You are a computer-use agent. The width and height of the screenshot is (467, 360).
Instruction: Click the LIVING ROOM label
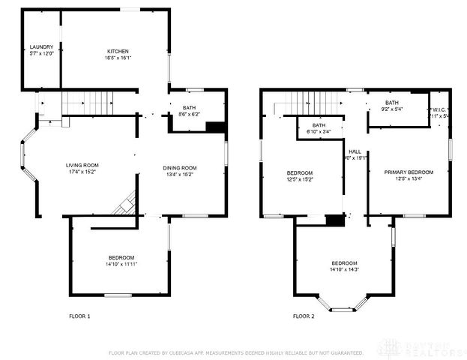coord(82,165)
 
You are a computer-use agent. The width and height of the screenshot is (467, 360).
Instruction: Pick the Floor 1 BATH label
coord(189,108)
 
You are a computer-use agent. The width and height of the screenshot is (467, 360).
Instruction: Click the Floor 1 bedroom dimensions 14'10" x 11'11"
coord(121,264)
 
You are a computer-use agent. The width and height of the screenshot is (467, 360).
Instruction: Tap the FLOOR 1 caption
coord(79,316)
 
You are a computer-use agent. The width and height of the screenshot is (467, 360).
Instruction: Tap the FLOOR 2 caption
coord(304,316)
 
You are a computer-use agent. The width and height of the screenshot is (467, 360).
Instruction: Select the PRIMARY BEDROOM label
coord(409,172)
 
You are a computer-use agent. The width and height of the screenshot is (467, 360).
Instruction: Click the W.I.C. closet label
coord(439,109)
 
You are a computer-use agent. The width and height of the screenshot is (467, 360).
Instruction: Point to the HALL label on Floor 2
coord(355,151)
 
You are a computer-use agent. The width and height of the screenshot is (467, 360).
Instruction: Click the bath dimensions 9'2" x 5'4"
coord(392,109)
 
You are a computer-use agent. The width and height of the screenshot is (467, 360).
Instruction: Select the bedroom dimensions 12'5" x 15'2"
coord(300,179)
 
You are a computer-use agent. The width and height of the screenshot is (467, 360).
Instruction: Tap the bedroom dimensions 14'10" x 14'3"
coord(344,269)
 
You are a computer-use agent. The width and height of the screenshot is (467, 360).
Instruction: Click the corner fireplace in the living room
coord(125,204)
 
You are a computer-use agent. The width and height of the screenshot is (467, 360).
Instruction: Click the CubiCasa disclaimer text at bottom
coord(236,352)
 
